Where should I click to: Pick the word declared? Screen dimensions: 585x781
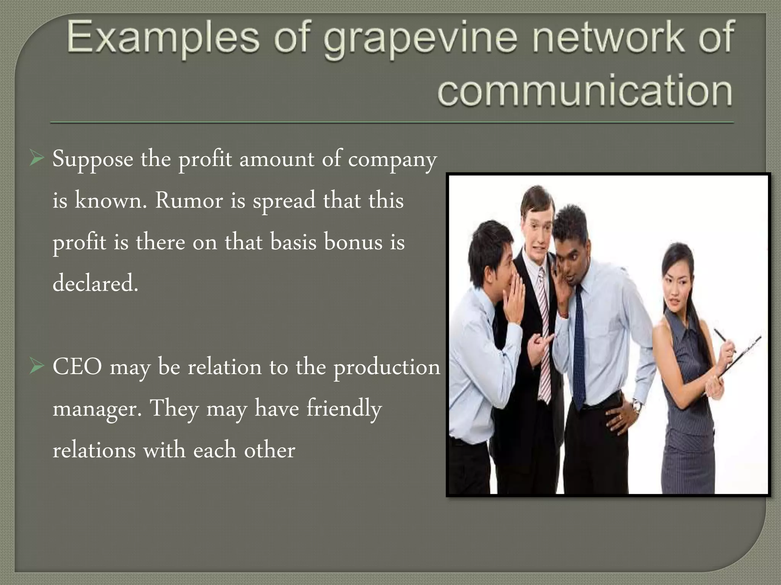[x=95, y=283]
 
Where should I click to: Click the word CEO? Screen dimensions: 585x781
[x=77, y=367]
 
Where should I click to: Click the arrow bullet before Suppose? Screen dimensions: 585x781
[x=37, y=159]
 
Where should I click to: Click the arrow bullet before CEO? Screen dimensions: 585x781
[x=37, y=367]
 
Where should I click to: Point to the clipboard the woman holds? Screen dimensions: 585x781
[x=740, y=354]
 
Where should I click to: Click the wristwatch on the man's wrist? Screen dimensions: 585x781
[x=636, y=406]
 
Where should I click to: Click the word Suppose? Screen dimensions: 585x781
[x=93, y=159]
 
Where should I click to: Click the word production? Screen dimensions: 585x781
[x=387, y=368]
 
